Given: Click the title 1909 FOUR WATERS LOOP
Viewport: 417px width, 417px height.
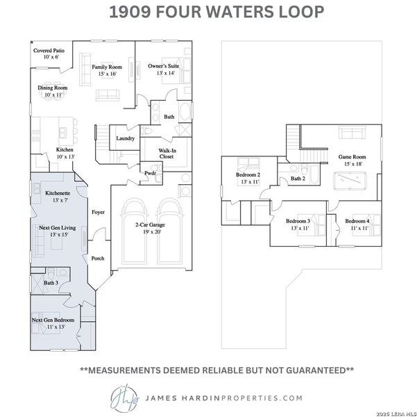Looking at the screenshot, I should [x=208, y=13].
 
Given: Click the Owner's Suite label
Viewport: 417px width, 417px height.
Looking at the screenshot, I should [x=164, y=69].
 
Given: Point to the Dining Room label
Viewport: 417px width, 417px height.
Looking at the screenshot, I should [x=52, y=92].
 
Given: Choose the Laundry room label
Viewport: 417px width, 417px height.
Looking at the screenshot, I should [x=126, y=138].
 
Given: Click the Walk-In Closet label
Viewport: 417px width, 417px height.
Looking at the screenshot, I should [x=167, y=153].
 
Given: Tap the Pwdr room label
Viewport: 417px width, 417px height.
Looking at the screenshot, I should [x=150, y=173].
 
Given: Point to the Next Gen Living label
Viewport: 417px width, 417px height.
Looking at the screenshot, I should [x=53, y=231].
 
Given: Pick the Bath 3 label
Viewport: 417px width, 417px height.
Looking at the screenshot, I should [x=51, y=283].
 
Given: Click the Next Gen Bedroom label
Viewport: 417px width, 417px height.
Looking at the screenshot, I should [x=53, y=323].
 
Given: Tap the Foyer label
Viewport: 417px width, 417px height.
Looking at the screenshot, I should [x=98, y=212].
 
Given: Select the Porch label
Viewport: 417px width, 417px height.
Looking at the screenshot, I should [x=98, y=258].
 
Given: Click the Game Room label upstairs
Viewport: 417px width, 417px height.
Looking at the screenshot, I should [x=352, y=160].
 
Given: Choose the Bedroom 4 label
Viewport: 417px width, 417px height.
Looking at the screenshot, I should [x=358, y=224].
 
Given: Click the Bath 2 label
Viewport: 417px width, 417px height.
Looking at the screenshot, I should [x=298, y=179].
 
